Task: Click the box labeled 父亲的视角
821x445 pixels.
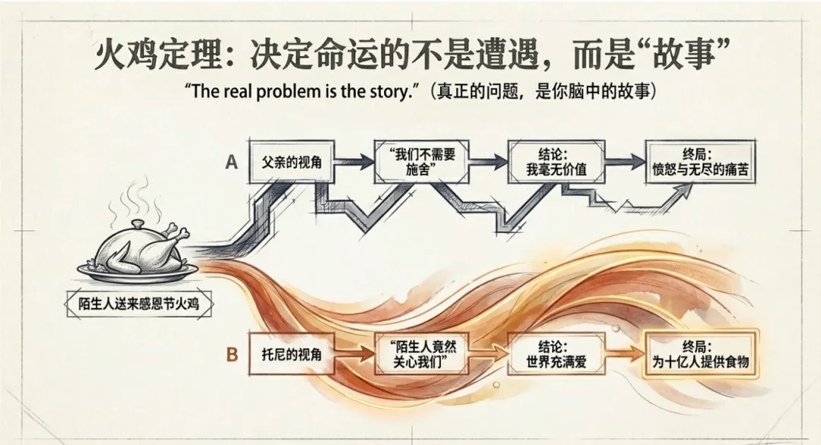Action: pyautogui.click(x=292, y=162)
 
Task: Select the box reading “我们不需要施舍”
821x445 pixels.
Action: pyautogui.click(x=421, y=162)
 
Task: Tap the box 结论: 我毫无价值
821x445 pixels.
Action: pyautogui.click(x=556, y=162)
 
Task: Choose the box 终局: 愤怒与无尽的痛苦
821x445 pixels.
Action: pyautogui.click(x=701, y=162)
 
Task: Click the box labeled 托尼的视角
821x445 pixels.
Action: pyautogui.click(x=292, y=354)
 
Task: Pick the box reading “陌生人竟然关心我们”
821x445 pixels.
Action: pyautogui.click(x=421, y=354)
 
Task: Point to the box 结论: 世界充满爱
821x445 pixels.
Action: pyautogui.click(x=556, y=354)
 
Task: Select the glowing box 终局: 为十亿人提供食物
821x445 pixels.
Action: pyautogui.click(x=701, y=354)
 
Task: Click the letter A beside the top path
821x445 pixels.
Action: pyautogui.click(x=231, y=163)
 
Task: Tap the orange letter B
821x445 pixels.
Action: pyautogui.click(x=232, y=355)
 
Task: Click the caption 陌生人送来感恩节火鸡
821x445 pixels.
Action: pyautogui.click(x=139, y=303)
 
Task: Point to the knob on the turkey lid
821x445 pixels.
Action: pyautogui.click(x=136, y=224)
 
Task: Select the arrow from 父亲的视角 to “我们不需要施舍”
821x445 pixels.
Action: pyautogui.click(x=354, y=162)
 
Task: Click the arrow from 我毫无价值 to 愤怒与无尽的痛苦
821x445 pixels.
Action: pyautogui.click(x=625, y=162)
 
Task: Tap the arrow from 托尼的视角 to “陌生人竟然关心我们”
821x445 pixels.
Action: pyautogui.click(x=354, y=354)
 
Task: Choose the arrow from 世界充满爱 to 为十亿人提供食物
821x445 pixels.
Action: pyautogui.click(x=625, y=354)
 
